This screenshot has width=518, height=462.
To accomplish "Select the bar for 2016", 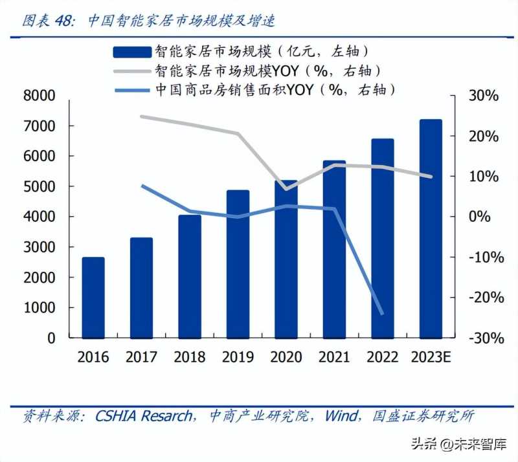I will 93,298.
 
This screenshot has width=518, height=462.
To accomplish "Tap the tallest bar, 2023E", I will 431,229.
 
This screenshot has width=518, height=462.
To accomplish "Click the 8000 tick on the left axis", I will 40,96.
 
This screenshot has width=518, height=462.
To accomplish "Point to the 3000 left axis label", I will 40,247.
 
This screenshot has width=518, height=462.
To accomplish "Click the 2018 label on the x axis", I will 190,357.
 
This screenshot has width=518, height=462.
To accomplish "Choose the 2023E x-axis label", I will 431,357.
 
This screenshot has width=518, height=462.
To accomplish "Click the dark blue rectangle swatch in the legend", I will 132,51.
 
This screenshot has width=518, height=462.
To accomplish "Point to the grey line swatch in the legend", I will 132,71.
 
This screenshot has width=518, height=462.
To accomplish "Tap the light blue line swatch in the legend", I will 132,89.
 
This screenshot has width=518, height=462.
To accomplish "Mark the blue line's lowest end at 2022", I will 382,314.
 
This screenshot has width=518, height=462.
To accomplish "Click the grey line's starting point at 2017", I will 141,116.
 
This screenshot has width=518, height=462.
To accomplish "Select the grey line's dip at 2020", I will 286,189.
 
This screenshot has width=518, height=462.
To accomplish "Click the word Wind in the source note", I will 341,415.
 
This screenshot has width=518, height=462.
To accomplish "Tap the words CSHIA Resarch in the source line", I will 143,415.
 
